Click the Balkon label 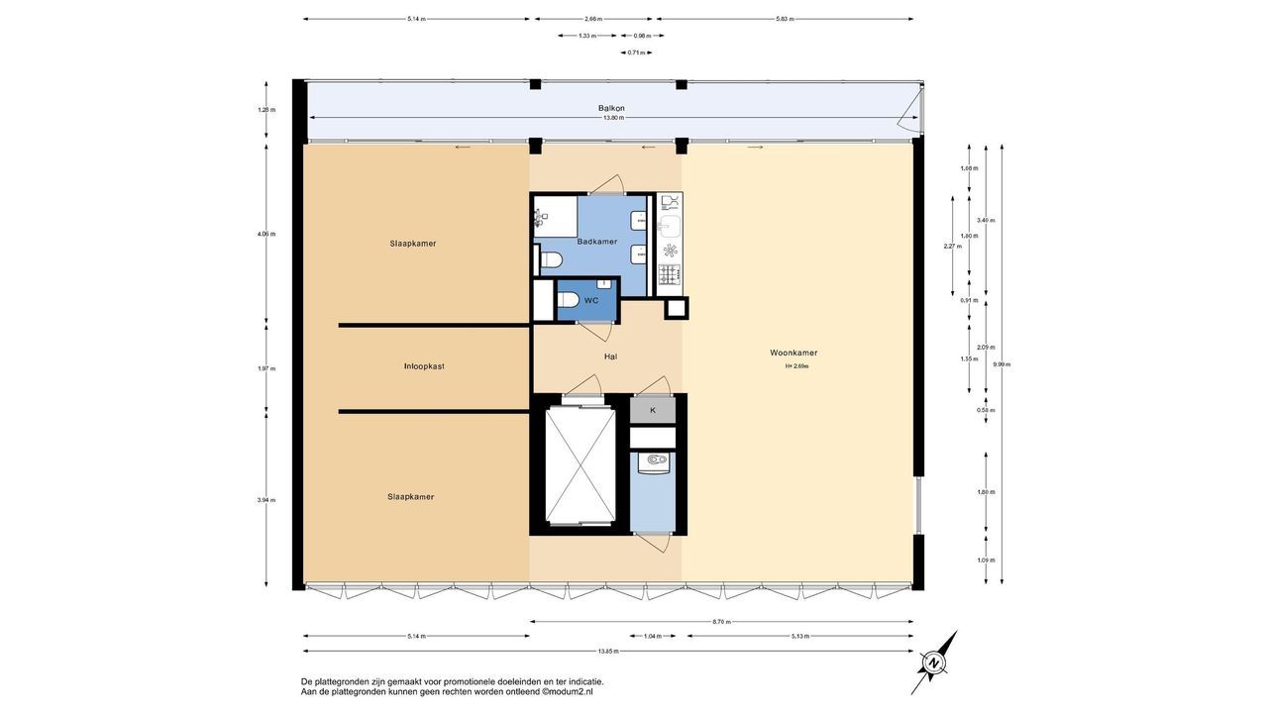click(611, 108)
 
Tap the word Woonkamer click(793, 353)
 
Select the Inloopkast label click(424, 366)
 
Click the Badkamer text click(596, 242)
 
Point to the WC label click(591, 300)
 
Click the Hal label click(611, 356)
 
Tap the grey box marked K click(653, 410)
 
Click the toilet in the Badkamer click(551, 260)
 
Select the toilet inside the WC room click(568, 300)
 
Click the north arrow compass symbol click(934, 661)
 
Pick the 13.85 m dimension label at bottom click(608, 651)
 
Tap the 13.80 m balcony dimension click(614, 118)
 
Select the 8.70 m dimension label click(721, 622)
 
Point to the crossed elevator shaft click(581, 464)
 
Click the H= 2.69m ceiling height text click(796, 366)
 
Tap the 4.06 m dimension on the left click(265, 235)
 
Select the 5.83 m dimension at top click(784, 19)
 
